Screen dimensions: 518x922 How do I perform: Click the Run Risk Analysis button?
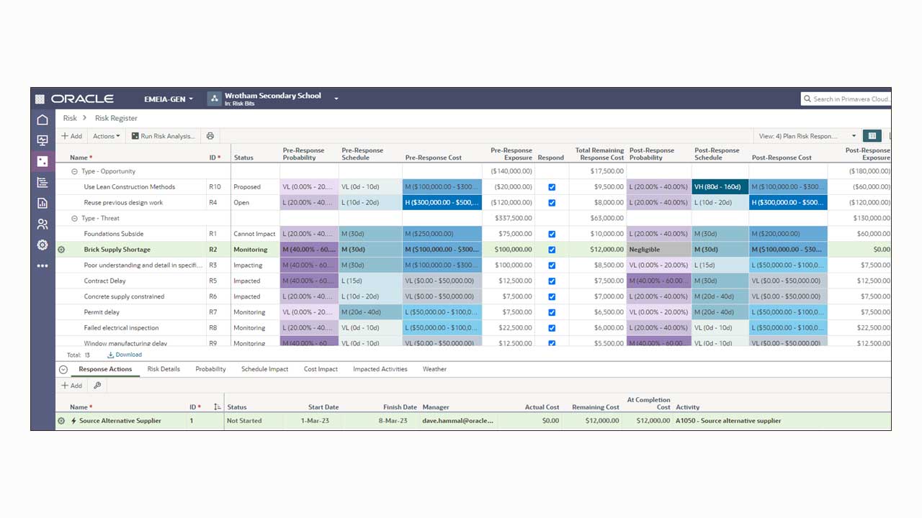tap(164, 136)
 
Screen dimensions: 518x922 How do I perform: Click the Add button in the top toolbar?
tap(71, 136)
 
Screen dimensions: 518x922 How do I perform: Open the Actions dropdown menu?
tap(107, 136)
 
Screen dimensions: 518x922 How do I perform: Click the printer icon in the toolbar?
tap(210, 136)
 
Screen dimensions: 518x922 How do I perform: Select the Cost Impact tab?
tap(321, 369)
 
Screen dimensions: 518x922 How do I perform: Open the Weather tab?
tap(434, 369)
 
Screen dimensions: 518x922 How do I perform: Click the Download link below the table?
tap(125, 355)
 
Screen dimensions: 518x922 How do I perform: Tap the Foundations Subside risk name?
tap(113, 234)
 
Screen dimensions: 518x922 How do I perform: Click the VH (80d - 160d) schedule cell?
tap(720, 187)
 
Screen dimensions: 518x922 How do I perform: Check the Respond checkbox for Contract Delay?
tap(552, 281)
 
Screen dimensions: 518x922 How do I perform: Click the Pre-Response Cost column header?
tap(433, 158)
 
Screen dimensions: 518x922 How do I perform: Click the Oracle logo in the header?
tap(82, 99)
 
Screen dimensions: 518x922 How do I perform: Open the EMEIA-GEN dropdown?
tap(169, 99)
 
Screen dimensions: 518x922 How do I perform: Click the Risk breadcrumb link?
tap(70, 118)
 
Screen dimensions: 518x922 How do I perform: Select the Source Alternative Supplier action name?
tap(120, 421)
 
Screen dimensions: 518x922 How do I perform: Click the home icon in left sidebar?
tap(42, 120)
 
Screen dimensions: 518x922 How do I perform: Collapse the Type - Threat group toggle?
tap(74, 218)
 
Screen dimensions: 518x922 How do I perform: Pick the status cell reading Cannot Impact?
tap(254, 234)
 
